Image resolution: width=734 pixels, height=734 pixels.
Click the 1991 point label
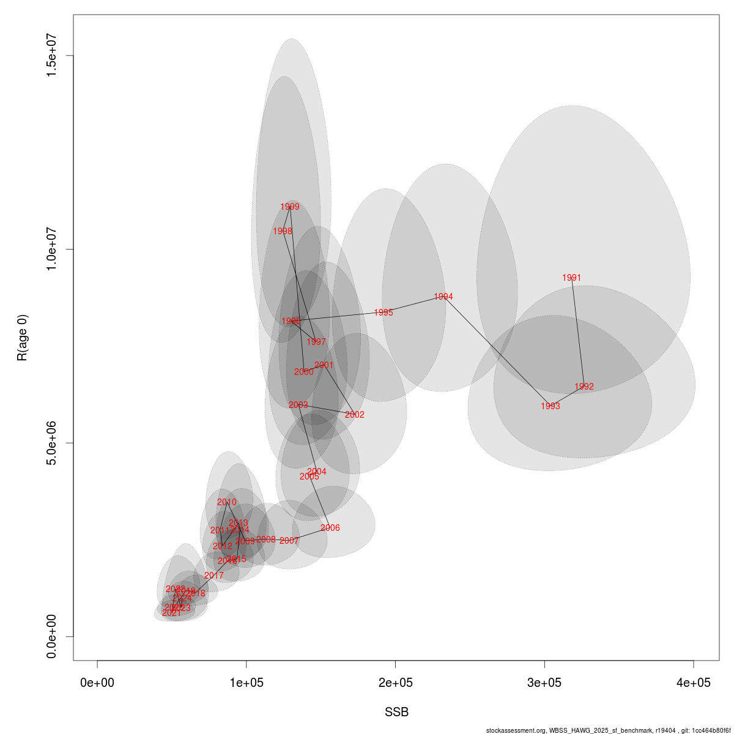tap(571, 278)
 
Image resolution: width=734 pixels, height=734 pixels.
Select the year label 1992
tap(584, 387)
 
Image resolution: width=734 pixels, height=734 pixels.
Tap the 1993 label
tap(550, 406)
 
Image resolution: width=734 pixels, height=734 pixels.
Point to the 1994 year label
tap(443, 297)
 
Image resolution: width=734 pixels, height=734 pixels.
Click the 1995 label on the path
tap(384, 313)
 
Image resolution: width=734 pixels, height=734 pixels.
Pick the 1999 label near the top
tap(290, 207)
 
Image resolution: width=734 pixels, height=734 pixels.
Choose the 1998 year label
tap(283, 231)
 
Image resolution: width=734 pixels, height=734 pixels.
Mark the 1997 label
tap(316, 342)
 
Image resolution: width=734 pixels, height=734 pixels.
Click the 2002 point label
tap(355, 415)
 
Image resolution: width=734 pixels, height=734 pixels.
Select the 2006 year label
tap(330, 528)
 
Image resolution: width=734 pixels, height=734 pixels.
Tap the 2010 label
tap(226, 502)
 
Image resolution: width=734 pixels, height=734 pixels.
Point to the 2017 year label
tap(214, 576)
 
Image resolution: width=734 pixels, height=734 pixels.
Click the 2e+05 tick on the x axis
tap(396, 683)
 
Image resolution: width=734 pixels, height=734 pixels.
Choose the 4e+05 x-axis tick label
tap(694, 683)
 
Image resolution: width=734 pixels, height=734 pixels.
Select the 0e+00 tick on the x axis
tap(98, 683)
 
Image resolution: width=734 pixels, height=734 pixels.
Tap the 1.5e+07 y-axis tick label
tap(52, 56)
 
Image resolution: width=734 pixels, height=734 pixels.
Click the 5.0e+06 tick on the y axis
tap(52, 443)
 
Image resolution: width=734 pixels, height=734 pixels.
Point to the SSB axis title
tap(396, 713)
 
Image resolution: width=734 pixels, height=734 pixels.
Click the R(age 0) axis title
tap(23, 338)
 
